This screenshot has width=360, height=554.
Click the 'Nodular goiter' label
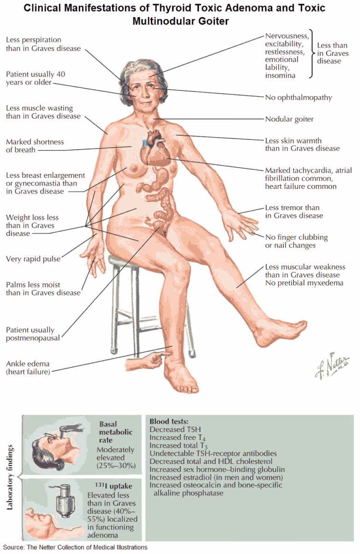tap(289, 119)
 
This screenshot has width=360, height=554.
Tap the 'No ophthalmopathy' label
tap(299, 97)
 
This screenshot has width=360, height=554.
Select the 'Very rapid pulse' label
tap(33, 259)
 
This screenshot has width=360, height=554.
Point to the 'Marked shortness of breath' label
tap(35, 146)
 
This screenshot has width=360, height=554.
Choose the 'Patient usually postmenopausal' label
tap(30, 334)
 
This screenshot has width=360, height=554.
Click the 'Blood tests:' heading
tap(169, 422)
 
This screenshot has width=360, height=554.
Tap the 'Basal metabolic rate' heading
tap(116, 432)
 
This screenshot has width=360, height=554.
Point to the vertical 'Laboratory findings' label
tap(10, 478)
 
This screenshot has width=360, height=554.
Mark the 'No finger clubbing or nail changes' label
tap(296, 241)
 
